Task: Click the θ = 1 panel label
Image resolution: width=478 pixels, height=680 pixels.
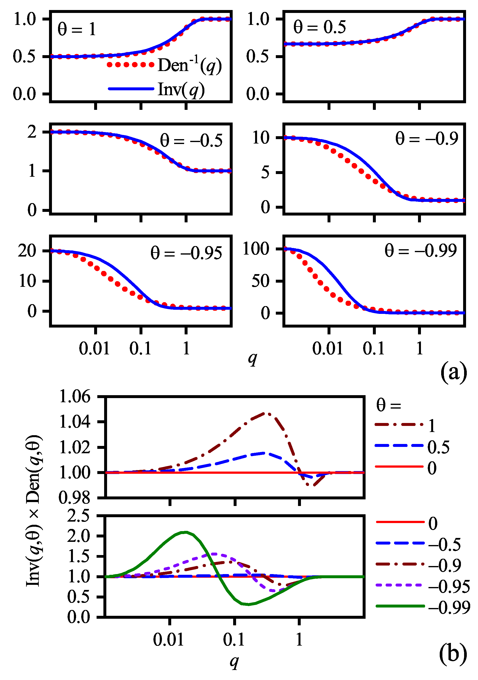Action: tap(77, 29)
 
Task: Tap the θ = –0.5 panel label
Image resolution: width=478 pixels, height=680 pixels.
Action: tap(191, 140)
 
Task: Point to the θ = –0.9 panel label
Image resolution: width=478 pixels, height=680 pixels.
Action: tap(427, 138)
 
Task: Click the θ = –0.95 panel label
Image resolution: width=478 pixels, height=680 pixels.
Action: tap(186, 253)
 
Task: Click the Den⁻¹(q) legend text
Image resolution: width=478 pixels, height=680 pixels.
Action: tap(190, 65)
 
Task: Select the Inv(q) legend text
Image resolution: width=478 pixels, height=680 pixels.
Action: tap(181, 89)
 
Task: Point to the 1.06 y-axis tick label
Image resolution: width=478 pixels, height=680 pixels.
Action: tap(75, 397)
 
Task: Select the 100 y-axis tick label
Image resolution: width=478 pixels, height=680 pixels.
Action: tap(256, 249)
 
